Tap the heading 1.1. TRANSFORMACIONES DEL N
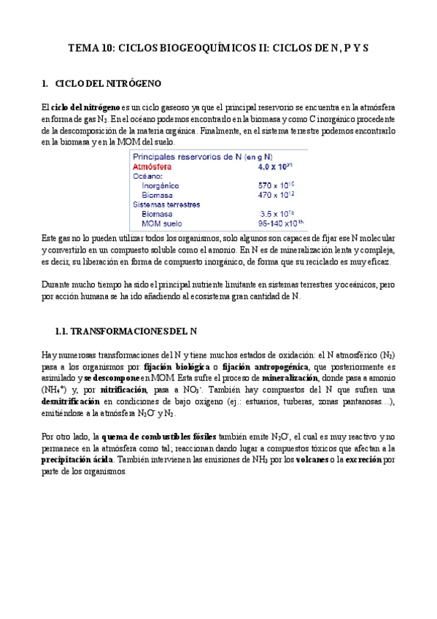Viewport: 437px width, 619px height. pyautogui.click(x=125, y=331)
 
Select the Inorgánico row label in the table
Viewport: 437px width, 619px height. pyautogui.click(x=163, y=186)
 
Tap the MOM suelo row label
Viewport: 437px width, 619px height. pyautogui.click(x=164, y=224)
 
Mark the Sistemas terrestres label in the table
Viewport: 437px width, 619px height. pyautogui.click(x=166, y=205)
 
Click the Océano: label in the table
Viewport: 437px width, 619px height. pyautogui.click(x=148, y=177)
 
